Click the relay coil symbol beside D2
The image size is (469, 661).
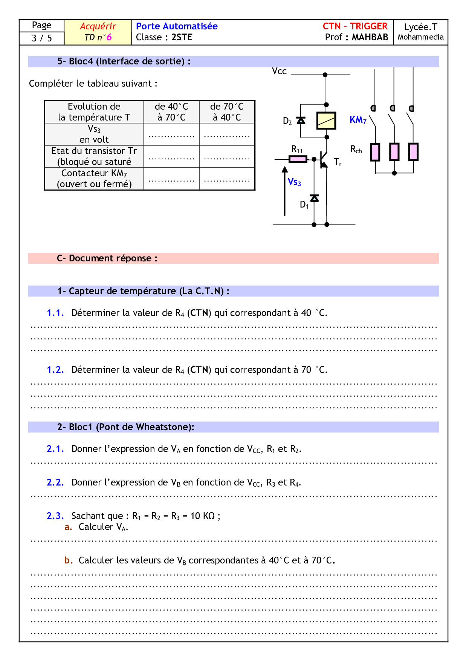[326, 121]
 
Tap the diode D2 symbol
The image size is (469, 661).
[301, 121]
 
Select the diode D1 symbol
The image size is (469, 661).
[314, 198]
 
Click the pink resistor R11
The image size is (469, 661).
[298, 159]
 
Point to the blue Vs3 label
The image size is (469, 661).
[294, 182]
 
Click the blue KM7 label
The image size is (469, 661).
[358, 120]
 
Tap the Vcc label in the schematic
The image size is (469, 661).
[279, 71]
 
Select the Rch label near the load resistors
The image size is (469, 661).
[356, 150]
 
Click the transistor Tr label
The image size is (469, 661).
[338, 162]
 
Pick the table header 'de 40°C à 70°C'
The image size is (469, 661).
[171, 112]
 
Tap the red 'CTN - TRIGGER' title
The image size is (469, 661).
[355, 26]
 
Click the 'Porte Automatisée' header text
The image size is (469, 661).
[177, 26]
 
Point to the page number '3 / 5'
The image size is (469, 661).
[42, 38]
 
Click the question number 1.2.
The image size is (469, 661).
[55, 370]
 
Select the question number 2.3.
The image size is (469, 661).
[55, 516]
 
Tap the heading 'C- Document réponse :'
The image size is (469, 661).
[107, 258]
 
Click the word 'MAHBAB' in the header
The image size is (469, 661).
[370, 37]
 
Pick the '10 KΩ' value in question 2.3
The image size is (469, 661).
[202, 516]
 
